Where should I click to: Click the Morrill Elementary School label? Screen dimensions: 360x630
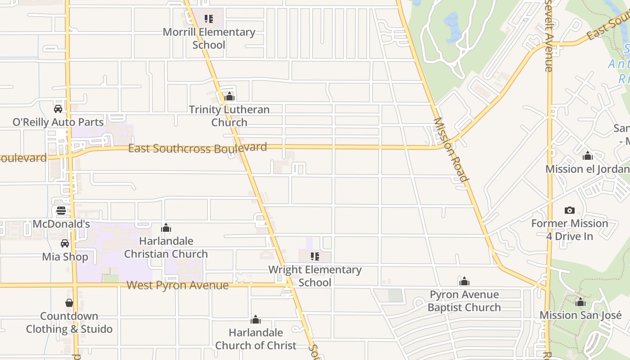[209, 38]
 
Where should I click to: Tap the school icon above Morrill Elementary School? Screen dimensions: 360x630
[208, 19]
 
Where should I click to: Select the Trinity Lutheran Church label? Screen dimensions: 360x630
[229, 116]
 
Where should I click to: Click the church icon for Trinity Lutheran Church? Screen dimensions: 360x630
[229, 96]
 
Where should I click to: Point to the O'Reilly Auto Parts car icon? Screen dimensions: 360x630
[58, 109]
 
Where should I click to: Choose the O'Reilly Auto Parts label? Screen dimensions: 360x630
[58, 122]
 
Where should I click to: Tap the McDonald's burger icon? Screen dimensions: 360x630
[61, 211]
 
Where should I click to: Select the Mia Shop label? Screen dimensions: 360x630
[65, 257]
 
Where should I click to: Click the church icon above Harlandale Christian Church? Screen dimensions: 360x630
[166, 228]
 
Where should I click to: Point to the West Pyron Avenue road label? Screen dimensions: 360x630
[177, 285]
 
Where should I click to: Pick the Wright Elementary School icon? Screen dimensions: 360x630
[315, 256]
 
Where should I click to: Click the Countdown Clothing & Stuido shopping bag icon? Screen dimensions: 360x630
[69, 303]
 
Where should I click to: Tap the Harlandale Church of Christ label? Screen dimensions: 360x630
[256, 339]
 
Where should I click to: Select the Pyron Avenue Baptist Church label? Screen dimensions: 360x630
[464, 301]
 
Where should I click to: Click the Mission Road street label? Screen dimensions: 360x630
[450, 150]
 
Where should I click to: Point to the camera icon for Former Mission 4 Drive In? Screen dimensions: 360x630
[569, 210]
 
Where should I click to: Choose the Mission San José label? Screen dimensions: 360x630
[580, 315]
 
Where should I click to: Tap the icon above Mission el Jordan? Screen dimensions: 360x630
[587, 156]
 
